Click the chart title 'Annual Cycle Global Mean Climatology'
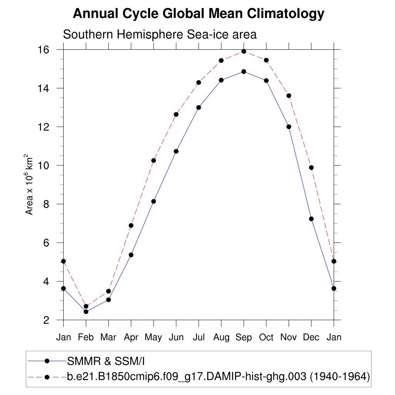pyautogui.click(x=198, y=14)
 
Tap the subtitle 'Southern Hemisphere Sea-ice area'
pyautogui.click(x=160, y=34)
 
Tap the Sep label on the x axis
pyautogui.click(x=244, y=338)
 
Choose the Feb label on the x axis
pyautogui.click(x=86, y=338)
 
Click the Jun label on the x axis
pyautogui.click(x=176, y=338)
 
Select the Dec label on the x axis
pyautogui.click(x=311, y=338)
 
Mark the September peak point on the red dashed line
pyautogui.click(x=244, y=51)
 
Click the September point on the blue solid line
pyautogui.click(x=244, y=71)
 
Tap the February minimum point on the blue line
pyautogui.click(x=86, y=312)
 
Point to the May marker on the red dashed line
pyautogui.click(x=154, y=160)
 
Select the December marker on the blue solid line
pyautogui.click(x=311, y=219)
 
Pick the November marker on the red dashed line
pyautogui.click(x=289, y=96)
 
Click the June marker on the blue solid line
pyautogui.click(x=176, y=151)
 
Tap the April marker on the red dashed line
pyautogui.click(x=131, y=225)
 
